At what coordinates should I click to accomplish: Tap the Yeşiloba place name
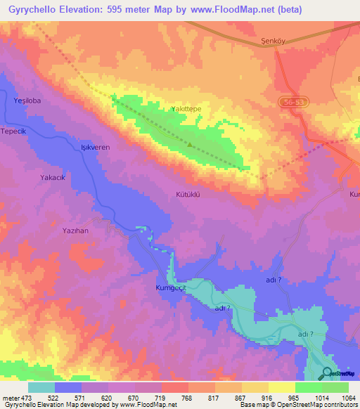pos(27,100)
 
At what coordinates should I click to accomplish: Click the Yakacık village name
pos(53,178)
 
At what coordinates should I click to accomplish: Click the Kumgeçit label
pos(169,287)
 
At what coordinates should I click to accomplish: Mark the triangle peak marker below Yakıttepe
pos(190,145)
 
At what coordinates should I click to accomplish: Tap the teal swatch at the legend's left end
pos(41,387)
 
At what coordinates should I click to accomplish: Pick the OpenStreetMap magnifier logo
pos(327,373)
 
